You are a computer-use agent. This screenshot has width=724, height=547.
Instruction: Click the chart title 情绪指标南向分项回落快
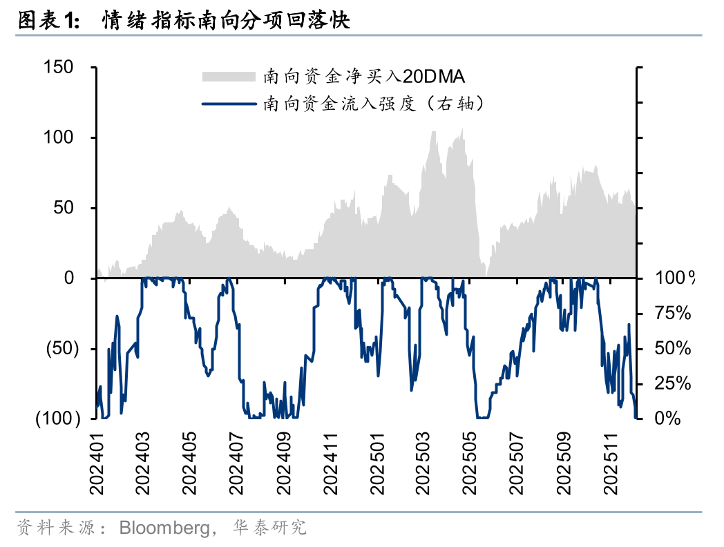point(226,21)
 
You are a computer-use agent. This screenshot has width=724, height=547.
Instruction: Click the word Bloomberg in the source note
point(163,528)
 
